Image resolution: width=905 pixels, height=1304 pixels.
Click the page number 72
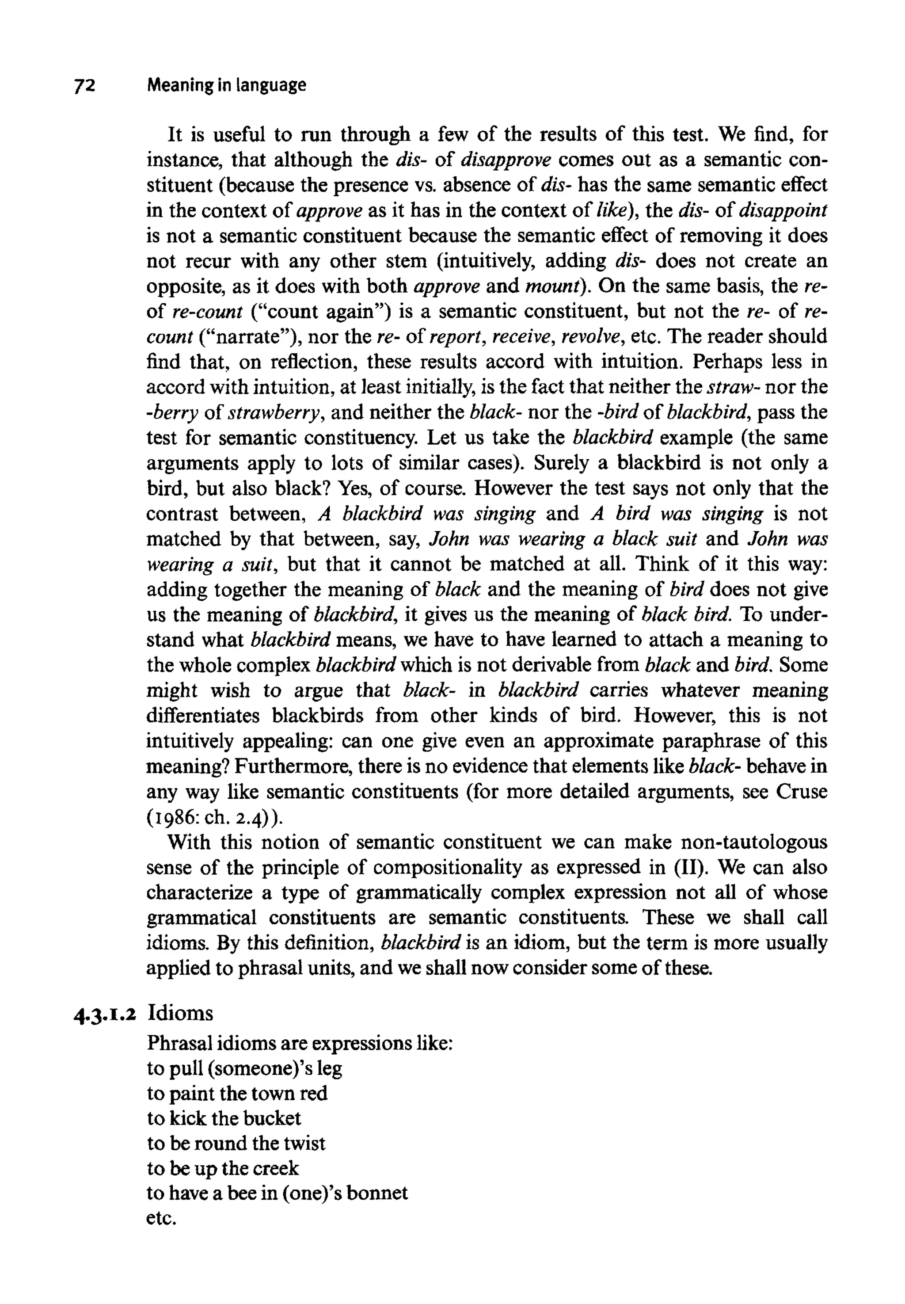(85, 86)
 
